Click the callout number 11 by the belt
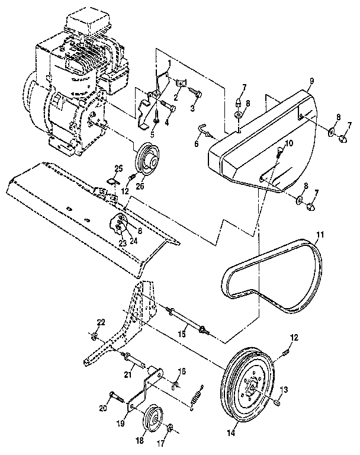(320, 235)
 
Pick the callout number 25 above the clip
(118, 168)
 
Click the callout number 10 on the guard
(288, 144)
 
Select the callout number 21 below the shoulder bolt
(127, 374)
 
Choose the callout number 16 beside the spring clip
(182, 371)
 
